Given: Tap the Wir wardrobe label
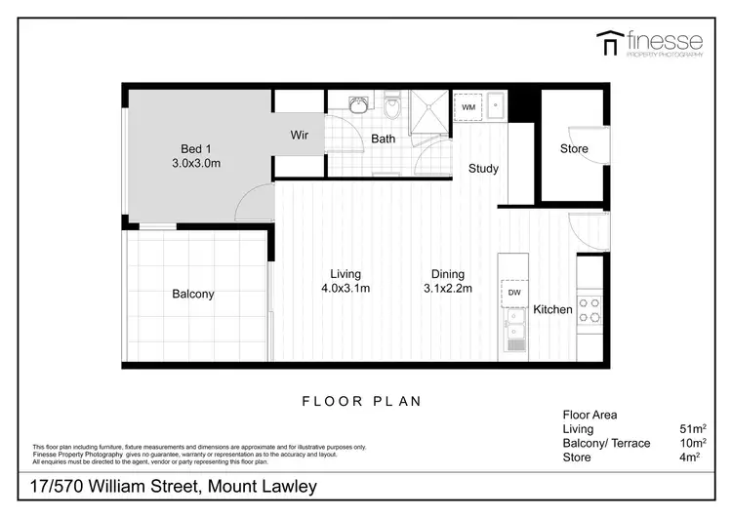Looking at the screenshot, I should coord(299,136).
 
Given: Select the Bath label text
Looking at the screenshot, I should coord(383,139).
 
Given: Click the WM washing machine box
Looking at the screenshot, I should coord(468,106).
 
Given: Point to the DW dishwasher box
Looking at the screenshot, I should coord(514,292).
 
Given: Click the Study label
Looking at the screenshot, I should coord(483,169).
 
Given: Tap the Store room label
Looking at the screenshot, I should coord(574,149).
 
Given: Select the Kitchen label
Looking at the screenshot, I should coord(552,310).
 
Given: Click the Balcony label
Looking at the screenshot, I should coord(192,294).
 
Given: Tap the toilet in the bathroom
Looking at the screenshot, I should coord(391,104).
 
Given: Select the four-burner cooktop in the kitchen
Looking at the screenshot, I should coord(590,310).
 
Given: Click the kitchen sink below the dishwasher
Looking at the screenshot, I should coord(514,332).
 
